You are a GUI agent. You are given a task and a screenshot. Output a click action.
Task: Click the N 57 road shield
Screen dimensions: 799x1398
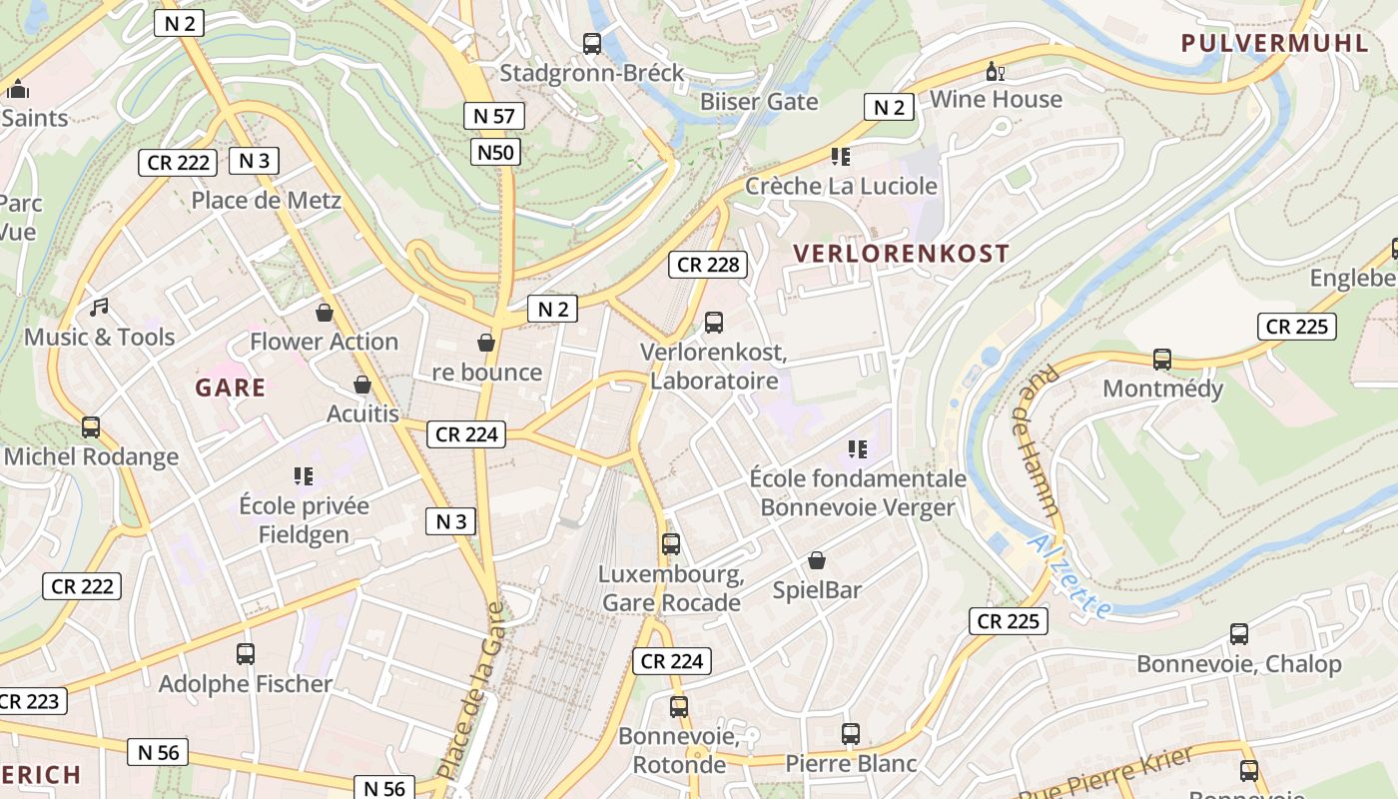[x=494, y=116]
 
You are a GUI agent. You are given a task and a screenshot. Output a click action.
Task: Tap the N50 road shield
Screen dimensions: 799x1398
[x=495, y=152]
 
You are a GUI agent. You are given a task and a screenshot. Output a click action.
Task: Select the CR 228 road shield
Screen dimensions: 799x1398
[x=708, y=265]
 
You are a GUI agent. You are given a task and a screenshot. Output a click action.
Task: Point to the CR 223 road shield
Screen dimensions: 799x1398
[x=29, y=701]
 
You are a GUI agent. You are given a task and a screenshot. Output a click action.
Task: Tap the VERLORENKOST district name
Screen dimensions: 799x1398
[x=902, y=253]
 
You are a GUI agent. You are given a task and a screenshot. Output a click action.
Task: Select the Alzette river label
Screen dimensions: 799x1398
[x=1068, y=576]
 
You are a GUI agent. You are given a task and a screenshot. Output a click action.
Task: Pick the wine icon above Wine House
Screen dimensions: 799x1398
[x=996, y=71]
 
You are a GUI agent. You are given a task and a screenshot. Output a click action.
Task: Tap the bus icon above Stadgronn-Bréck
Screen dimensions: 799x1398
[x=592, y=44]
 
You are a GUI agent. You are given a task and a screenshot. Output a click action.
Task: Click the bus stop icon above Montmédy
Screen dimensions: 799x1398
[x=1162, y=360]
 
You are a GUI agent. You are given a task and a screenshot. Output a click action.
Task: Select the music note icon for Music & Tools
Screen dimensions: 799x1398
[x=99, y=308]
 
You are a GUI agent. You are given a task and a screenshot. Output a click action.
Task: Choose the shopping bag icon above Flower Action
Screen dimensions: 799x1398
[x=325, y=313]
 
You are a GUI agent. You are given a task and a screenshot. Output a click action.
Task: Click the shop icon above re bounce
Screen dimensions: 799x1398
[x=486, y=343]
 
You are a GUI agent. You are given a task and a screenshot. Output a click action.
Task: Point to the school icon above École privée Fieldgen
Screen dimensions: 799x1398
[x=304, y=476]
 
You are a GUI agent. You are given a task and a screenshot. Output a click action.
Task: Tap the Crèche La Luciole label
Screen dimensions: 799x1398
[x=841, y=186]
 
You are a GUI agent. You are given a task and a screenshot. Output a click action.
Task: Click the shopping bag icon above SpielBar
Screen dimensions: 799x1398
[x=817, y=560]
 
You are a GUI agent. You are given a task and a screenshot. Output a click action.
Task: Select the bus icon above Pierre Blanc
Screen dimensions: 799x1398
[x=851, y=734]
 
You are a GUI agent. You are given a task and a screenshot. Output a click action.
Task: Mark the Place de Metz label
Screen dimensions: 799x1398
[x=266, y=200]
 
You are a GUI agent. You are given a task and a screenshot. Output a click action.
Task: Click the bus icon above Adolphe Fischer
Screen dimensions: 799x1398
[x=246, y=654]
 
